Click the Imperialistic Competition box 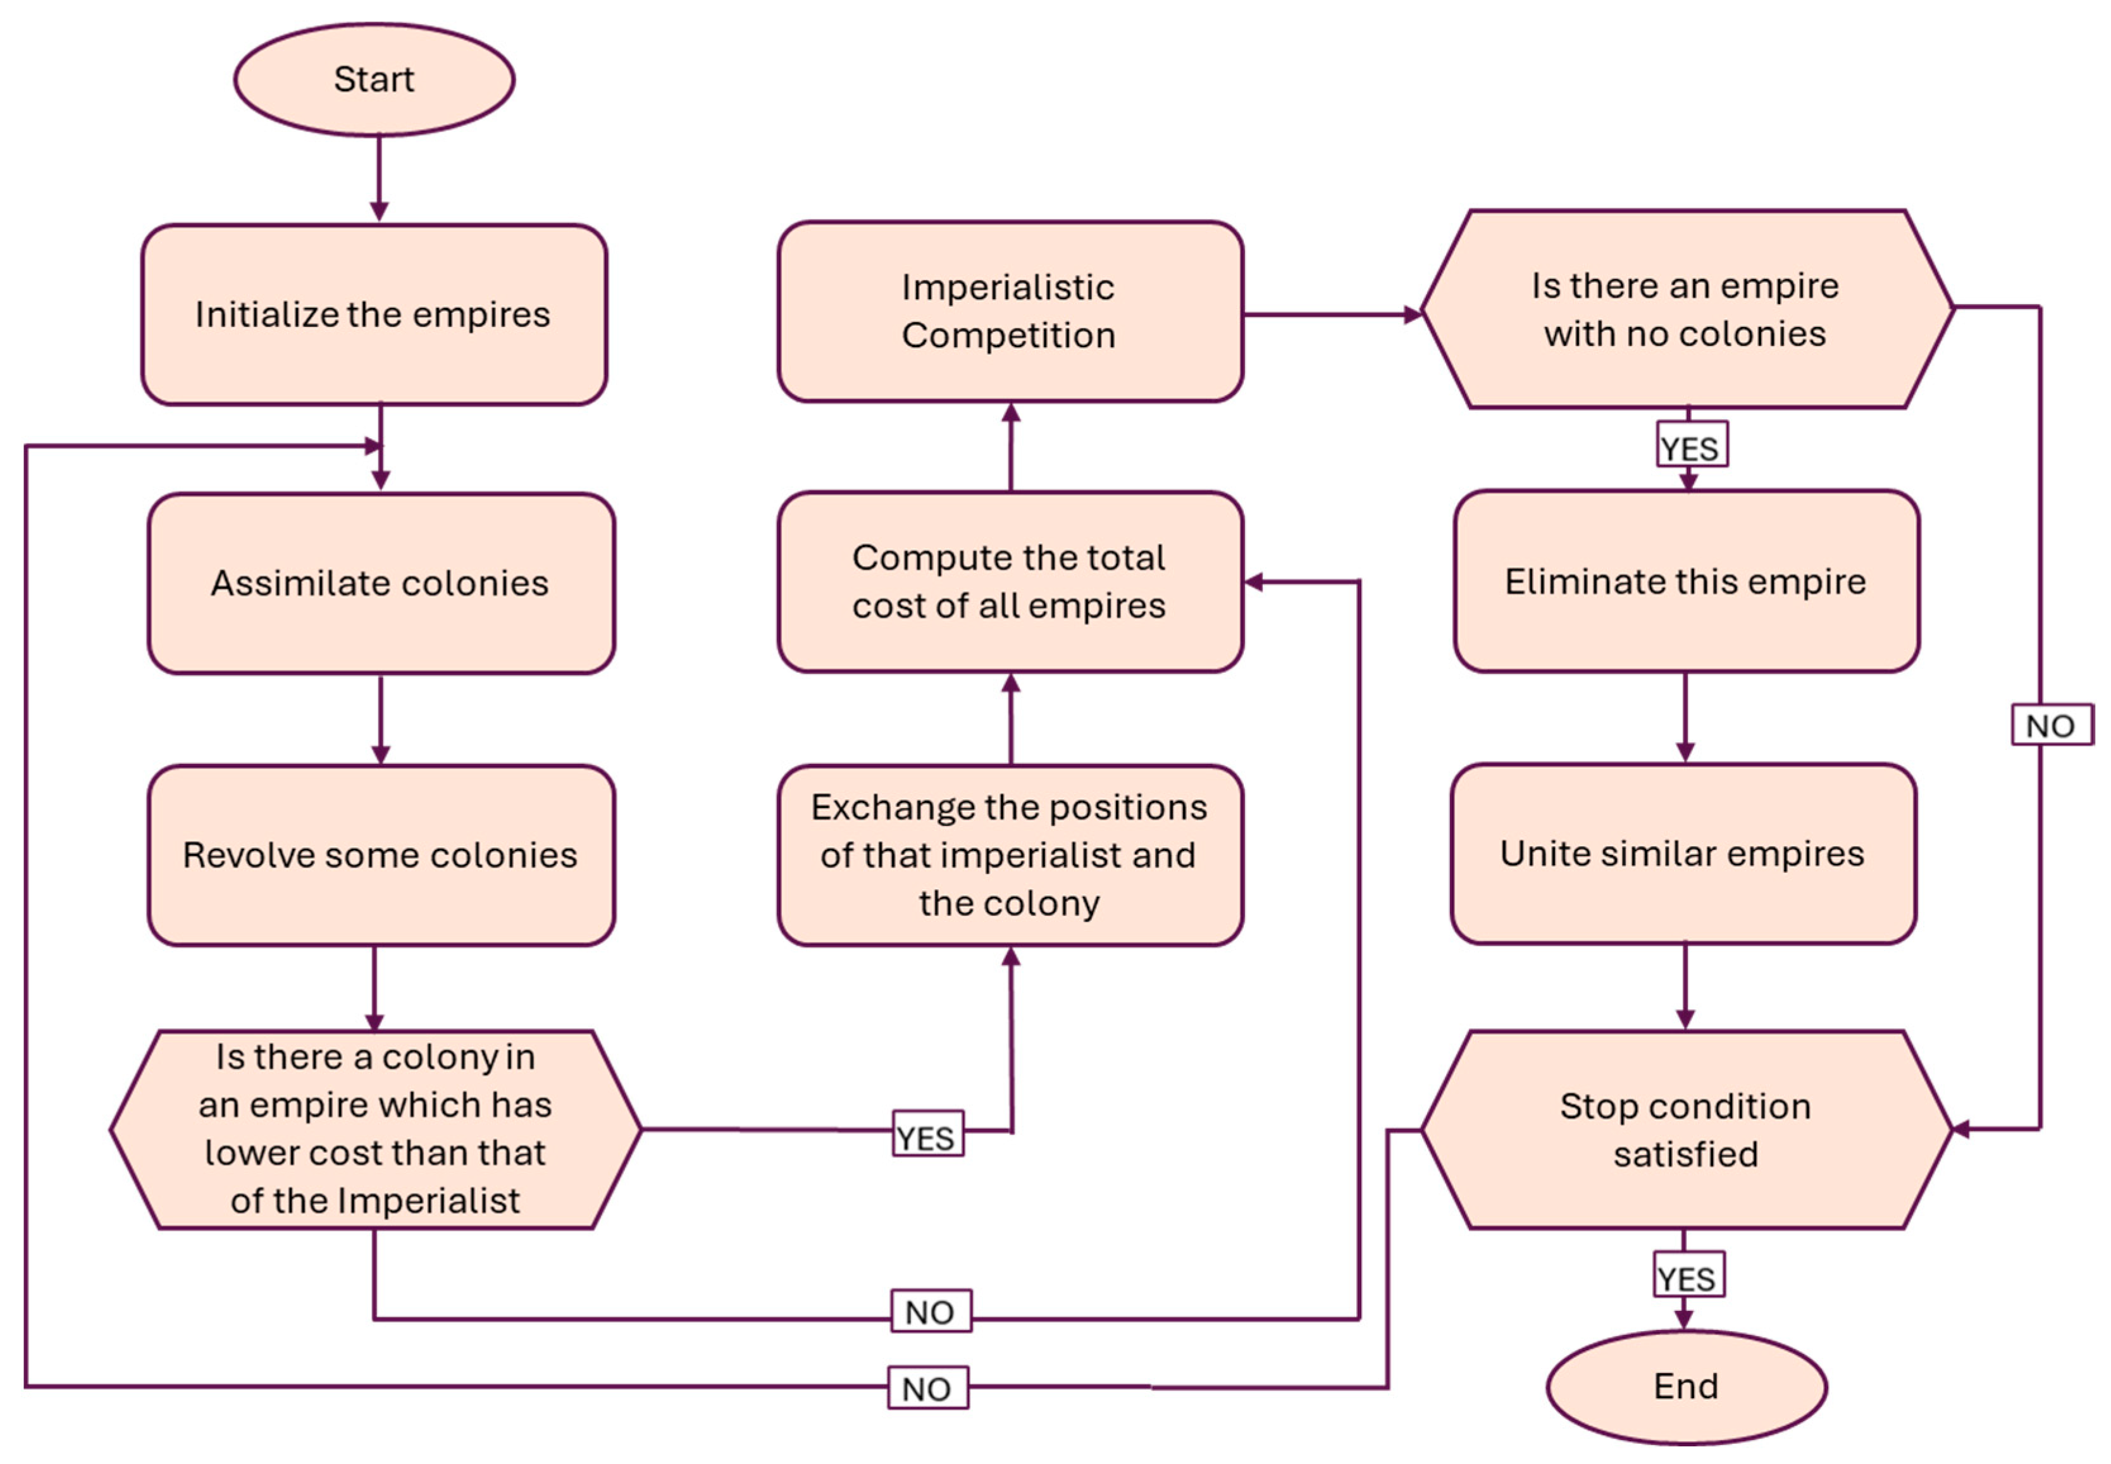click(x=1009, y=312)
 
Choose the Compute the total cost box click(x=1009, y=582)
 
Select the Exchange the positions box click(x=1009, y=855)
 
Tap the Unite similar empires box click(x=1683, y=853)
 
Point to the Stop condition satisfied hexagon click(x=1685, y=1129)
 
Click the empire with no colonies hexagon click(x=1685, y=309)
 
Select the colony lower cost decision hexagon click(x=375, y=1129)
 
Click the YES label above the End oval click(x=1688, y=1276)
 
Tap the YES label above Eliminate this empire click(x=1691, y=446)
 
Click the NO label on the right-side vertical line click(x=2052, y=725)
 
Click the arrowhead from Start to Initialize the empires click(x=379, y=211)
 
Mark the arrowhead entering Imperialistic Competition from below click(x=1010, y=414)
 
